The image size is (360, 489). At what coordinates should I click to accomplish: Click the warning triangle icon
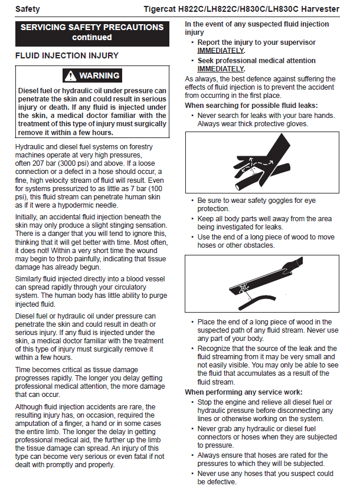point(71,76)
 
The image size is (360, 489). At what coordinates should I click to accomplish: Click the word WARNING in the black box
point(99,76)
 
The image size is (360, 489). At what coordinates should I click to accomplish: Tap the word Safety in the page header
point(28,9)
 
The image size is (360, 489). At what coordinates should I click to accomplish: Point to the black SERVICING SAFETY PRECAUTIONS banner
point(91,32)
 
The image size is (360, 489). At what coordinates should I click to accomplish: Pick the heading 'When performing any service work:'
point(244,392)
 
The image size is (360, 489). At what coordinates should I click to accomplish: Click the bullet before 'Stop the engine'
point(193,402)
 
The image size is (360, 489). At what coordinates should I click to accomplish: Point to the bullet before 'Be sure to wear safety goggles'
point(193,201)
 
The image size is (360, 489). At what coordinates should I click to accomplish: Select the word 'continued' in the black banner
point(91,37)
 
